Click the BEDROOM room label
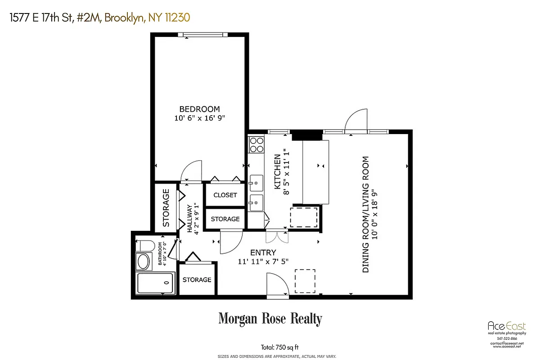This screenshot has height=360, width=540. pos(199,109)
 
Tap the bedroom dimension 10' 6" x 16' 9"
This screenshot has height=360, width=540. pos(199,118)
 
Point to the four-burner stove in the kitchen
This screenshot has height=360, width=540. pos(256,144)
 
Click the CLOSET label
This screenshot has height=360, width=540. pos(225,195)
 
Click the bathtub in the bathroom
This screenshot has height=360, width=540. pos(154,283)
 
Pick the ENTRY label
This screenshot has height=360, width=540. pos(263,253)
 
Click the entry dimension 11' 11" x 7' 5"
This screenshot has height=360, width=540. pos(263,261)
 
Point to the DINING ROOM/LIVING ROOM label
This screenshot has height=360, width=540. pos(365,214)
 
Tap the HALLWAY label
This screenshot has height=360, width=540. pos(189,219)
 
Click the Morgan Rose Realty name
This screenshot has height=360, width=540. pos(270,319)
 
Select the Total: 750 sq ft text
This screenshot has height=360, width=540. pos(279,347)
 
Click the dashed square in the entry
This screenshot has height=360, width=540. pos(305,281)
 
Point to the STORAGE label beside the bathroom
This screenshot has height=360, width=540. pos(197,280)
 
